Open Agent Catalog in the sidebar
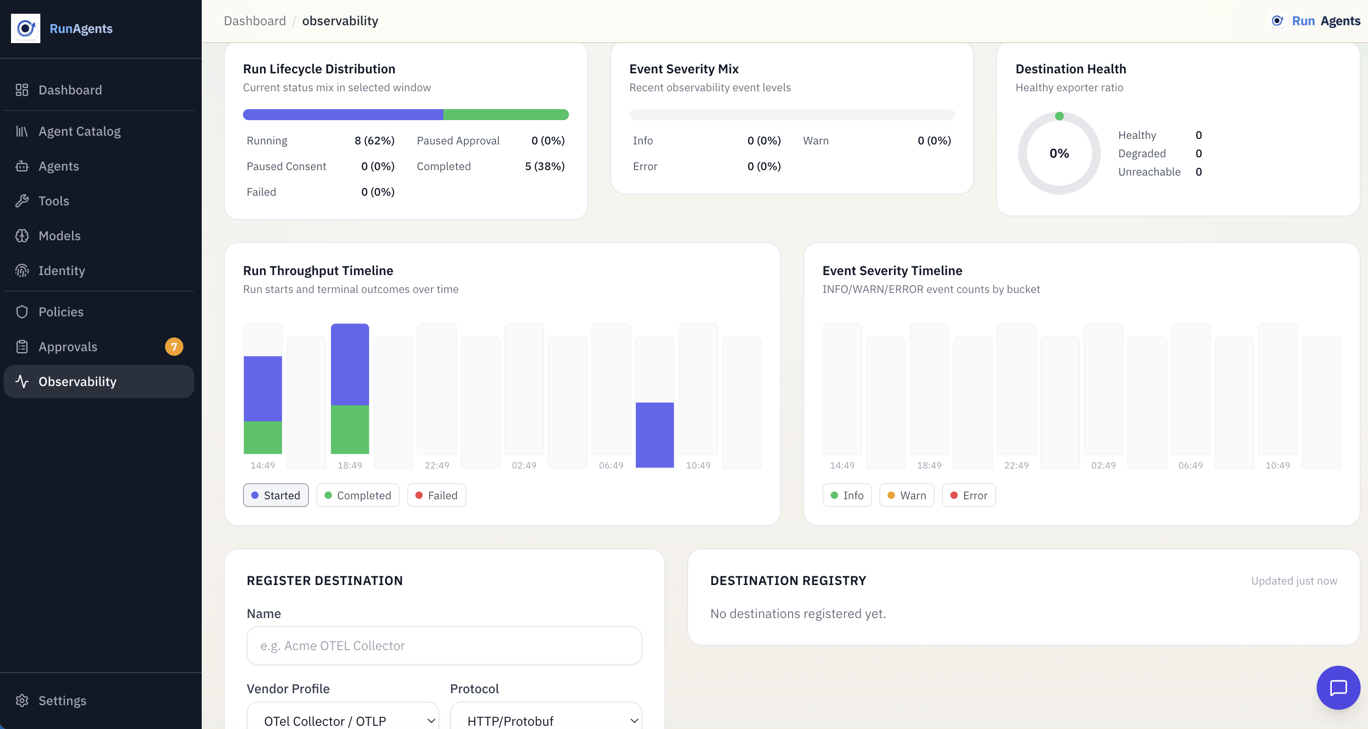click(x=79, y=131)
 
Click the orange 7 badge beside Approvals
click(x=174, y=347)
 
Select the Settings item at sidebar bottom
click(x=62, y=700)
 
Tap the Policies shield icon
click(x=22, y=312)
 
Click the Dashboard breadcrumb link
click(x=254, y=21)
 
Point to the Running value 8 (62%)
click(x=375, y=141)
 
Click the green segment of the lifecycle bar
click(x=506, y=115)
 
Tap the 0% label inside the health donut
click(x=1059, y=154)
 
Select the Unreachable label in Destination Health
click(x=1149, y=171)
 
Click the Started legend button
click(x=276, y=495)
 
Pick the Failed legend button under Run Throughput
click(x=436, y=495)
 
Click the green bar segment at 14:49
click(x=262, y=437)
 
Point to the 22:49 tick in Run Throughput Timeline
click(x=436, y=465)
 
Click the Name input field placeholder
click(x=444, y=646)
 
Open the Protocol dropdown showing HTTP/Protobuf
click(x=546, y=720)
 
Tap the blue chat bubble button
click(x=1338, y=688)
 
